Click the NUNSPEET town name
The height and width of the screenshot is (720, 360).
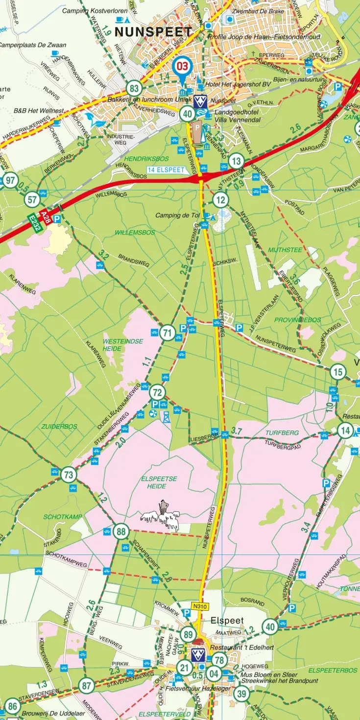point(153,32)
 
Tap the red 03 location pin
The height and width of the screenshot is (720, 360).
point(183,66)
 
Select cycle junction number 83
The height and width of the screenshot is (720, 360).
point(134,89)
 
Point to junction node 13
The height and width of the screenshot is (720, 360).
point(236,161)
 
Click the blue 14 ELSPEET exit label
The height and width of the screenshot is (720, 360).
point(167,170)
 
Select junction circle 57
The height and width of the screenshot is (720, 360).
point(32,199)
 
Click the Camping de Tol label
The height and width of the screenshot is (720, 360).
point(178,216)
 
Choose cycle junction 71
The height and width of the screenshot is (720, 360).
point(168,334)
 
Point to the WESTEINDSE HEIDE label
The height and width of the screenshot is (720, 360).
point(116,345)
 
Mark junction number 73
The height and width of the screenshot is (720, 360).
point(69,475)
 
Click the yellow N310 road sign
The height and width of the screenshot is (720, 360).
point(197,606)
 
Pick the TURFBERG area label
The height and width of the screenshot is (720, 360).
point(282,433)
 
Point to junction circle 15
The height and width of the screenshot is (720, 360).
point(337,372)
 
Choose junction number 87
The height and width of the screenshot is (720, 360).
point(87,686)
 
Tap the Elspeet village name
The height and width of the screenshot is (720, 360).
point(227,621)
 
